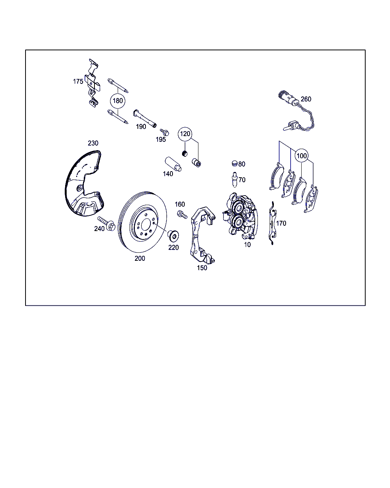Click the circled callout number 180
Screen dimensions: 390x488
click(x=118, y=101)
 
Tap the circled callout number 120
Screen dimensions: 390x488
click(x=185, y=134)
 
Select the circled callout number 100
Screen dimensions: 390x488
click(x=302, y=156)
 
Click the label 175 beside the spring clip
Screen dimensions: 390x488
click(x=78, y=82)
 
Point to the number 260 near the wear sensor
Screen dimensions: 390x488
click(x=306, y=99)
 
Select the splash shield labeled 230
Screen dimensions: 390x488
click(x=83, y=183)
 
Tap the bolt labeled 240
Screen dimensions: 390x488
click(x=107, y=223)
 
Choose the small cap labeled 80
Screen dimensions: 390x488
click(x=235, y=163)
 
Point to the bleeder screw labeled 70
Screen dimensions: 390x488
click(x=235, y=180)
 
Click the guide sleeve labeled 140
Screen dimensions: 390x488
click(x=173, y=164)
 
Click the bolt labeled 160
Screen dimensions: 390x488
click(x=182, y=215)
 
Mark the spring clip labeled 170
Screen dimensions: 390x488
click(x=273, y=223)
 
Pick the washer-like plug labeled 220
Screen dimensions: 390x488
click(x=173, y=236)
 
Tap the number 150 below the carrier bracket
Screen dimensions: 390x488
click(x=202, y=268)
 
